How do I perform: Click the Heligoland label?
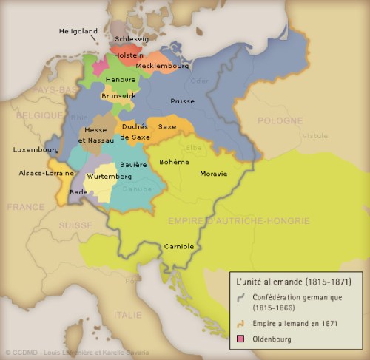(x=78, y=31)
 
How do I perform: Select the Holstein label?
(x=129, y=55)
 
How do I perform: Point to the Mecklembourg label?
(x=158, y=66)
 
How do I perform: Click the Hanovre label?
(x=121, y=79)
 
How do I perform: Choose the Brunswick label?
(x=118, y=95)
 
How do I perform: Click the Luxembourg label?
(x=35, y=149)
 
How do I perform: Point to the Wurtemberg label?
(x=110, y=177)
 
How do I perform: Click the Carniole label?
(x=179, y=245)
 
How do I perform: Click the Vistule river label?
(x=314, y=136)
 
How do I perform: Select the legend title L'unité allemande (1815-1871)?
(x=293, y=282)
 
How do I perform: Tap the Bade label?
(x=78, y=191)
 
